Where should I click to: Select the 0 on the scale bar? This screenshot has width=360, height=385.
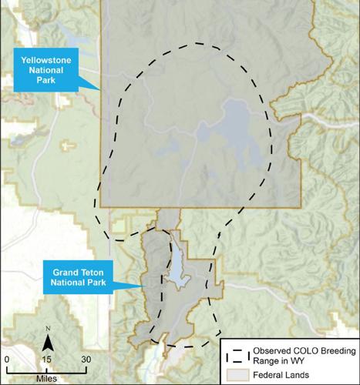[6, 359]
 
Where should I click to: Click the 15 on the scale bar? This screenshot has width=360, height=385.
[47, 359]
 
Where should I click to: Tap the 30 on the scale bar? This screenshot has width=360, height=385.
[86, 359]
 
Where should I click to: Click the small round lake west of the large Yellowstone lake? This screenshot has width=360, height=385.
[202, 133]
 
